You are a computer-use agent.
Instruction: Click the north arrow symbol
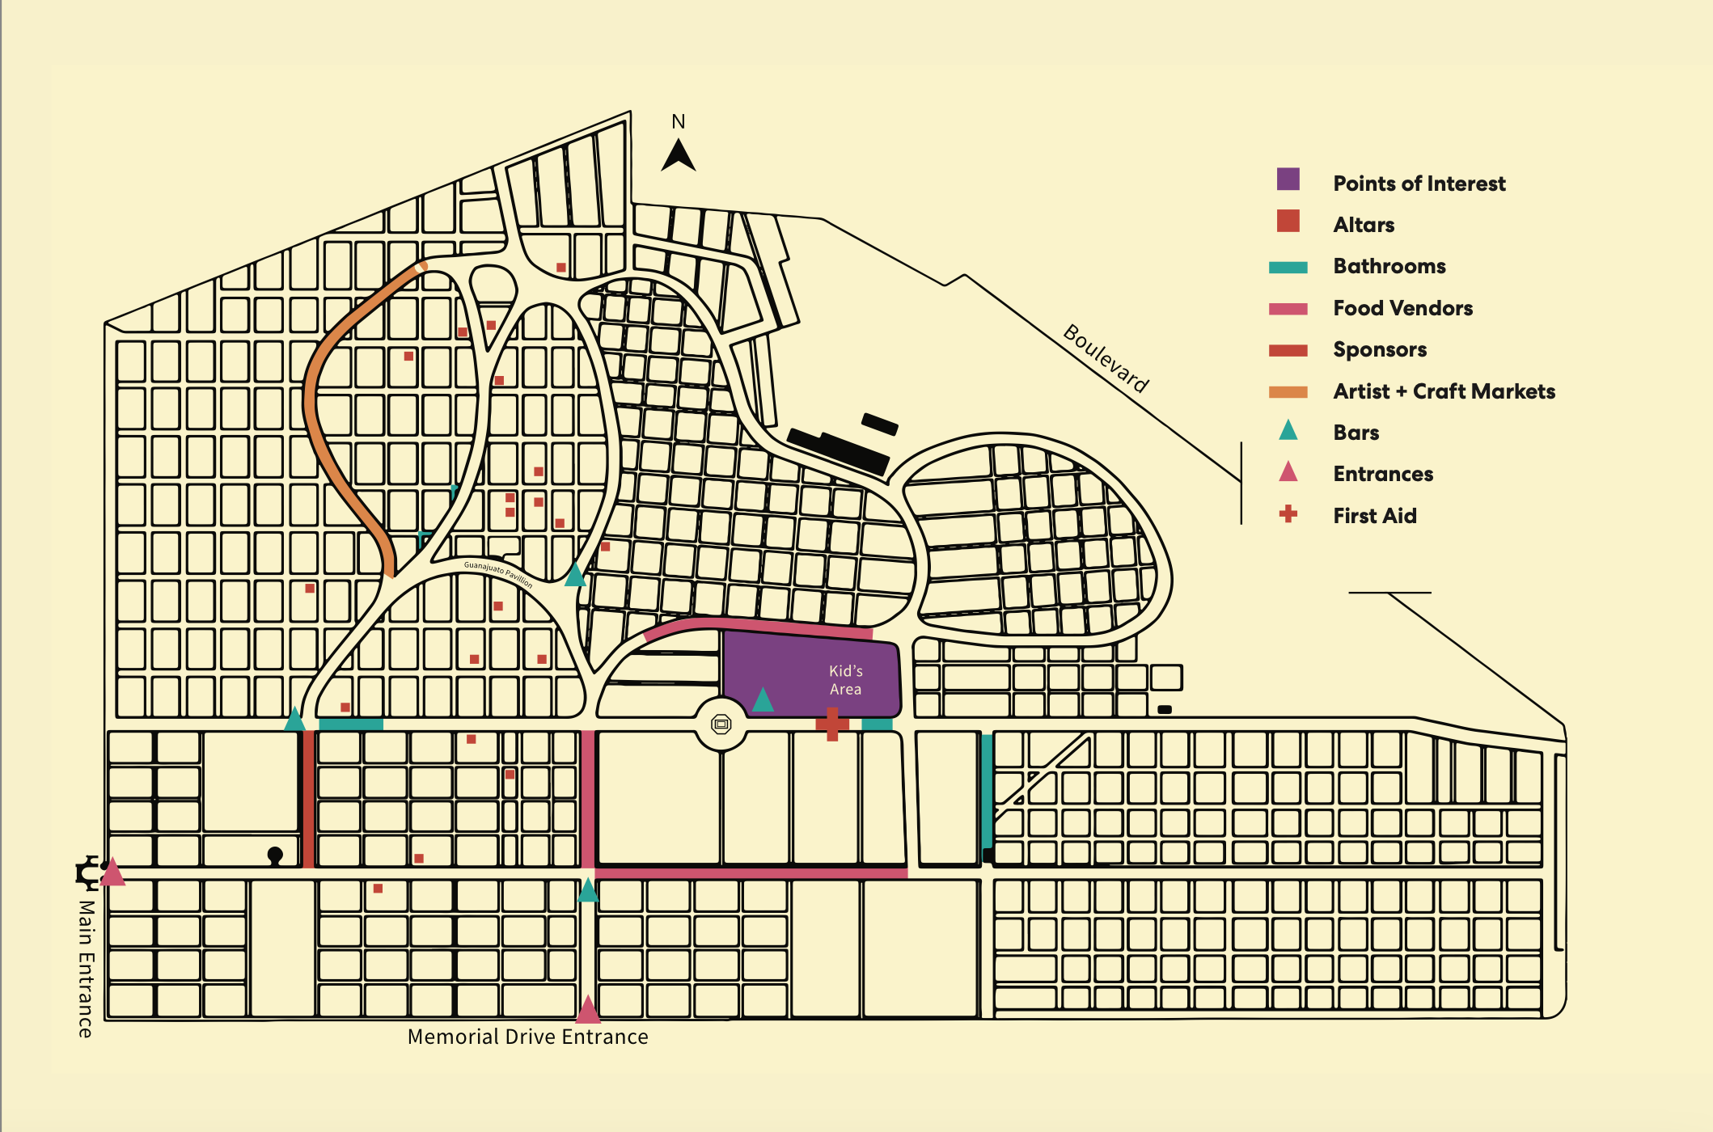click(x=678, y=157)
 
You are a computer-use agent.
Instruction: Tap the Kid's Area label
click(x=845, y=680)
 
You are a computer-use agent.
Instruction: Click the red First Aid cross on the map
click(x=831, y=724)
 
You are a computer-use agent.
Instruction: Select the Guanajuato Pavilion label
click(x=498, y=572)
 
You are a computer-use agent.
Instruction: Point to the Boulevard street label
click(x=1106, y=357)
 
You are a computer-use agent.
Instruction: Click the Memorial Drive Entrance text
click(x=527, y=1037)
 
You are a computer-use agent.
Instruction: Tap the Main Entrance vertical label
click(x=86, y=968)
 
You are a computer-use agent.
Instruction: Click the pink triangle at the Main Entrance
click(x=112, y=873)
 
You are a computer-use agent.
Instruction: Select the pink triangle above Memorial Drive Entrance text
click(x=588, y=1011)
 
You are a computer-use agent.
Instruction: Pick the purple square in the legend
click(x=1288, y=180)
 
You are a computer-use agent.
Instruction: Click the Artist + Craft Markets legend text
click(x=1444, y=391)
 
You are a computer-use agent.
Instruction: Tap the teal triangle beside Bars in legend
click(x=1288, y=431)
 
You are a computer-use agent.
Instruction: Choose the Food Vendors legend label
click(x=1402, y=308)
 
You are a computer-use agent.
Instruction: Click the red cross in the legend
click(x=1288, y=514)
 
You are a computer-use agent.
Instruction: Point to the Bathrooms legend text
click(x=1389, y=266)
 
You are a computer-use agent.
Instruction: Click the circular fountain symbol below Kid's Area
click(x=721, y=724)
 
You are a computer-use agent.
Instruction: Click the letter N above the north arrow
click(x=678, y=122)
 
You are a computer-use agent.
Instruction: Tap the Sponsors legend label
click(x=1379, y=349)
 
